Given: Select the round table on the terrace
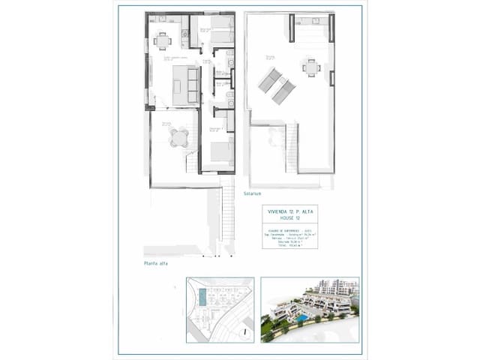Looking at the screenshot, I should [x=179, y=137].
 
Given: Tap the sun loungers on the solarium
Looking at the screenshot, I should [x=277, y=85].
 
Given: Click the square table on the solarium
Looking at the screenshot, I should [x=311, y=67].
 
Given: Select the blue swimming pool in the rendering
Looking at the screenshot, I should [x=300, y=318].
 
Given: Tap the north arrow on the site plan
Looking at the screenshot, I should [x=244, y=331].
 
